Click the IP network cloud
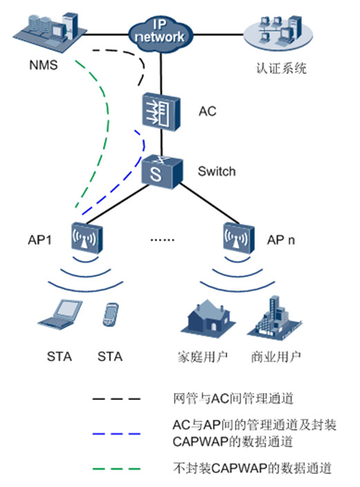(160, 34)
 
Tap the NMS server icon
(50, 32)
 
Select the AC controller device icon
(161, 112)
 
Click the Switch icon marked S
(162, 172)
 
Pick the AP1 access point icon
(87, 238)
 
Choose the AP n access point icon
(239, 238)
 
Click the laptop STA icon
(60, 314)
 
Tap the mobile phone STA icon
(111, 314)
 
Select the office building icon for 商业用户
(274, 318)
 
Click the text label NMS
(44, 65)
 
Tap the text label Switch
(217, 171)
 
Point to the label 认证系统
(281, 68)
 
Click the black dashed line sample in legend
(117, 399)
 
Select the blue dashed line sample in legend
(117, 434)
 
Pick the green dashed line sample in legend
(117, 468)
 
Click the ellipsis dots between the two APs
(162, 240)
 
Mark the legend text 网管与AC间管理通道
(234, 399)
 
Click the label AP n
(281, 240)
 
